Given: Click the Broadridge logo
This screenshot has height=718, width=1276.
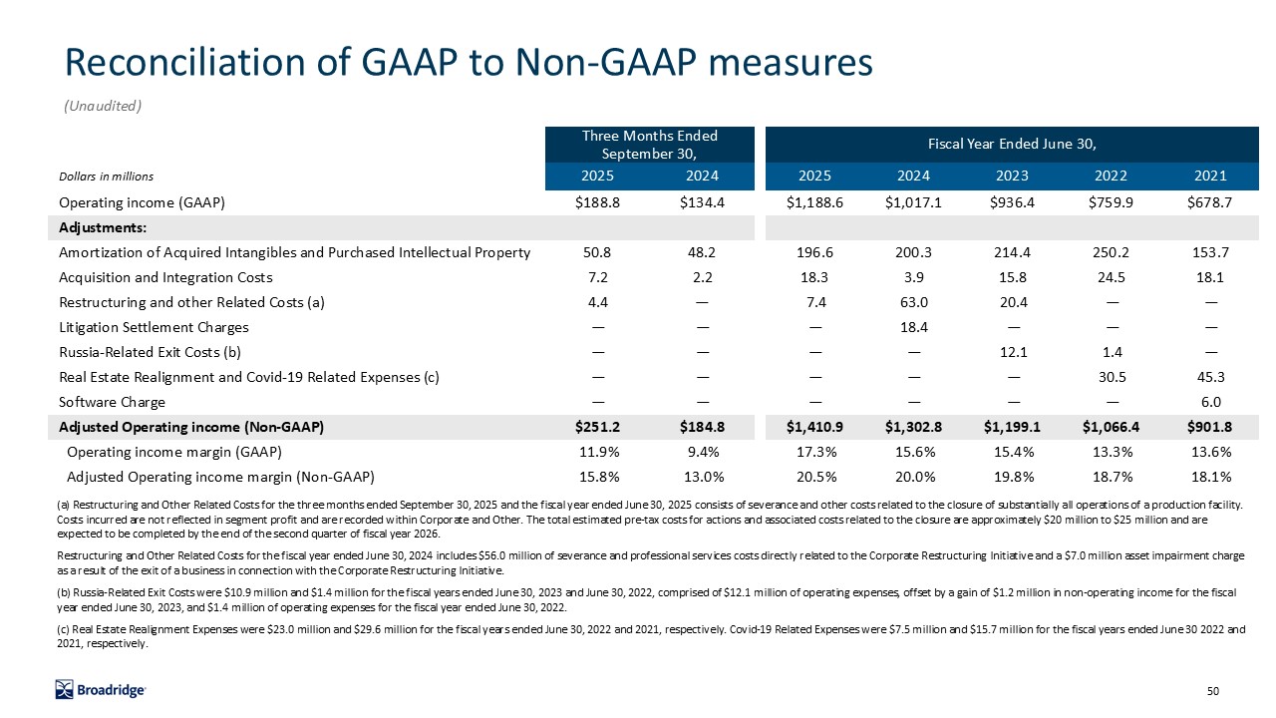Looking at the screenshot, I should tap(101, 689).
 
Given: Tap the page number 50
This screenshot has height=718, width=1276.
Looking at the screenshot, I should tap(1213, 691).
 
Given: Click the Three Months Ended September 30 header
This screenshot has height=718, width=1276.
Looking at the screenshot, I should tap(650, 145).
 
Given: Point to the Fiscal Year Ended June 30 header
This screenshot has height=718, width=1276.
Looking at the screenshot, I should tap(1012, 145).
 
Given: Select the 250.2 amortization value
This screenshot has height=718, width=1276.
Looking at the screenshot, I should tap(1112, 252).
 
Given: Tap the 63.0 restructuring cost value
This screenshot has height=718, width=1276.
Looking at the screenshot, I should tap(913, 302).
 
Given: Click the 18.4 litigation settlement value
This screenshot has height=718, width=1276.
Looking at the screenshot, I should tap(913, 327).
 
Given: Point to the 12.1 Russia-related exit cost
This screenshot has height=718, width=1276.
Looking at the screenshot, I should tap(1012, 352).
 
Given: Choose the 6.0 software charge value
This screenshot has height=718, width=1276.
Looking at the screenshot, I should tap(1210, 402).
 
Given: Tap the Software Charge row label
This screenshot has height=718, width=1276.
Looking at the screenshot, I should tap(113, 402).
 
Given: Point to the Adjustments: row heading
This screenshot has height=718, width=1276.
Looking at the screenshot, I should tap(104, 227).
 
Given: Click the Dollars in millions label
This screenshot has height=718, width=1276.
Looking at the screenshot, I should tap(106, 177).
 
